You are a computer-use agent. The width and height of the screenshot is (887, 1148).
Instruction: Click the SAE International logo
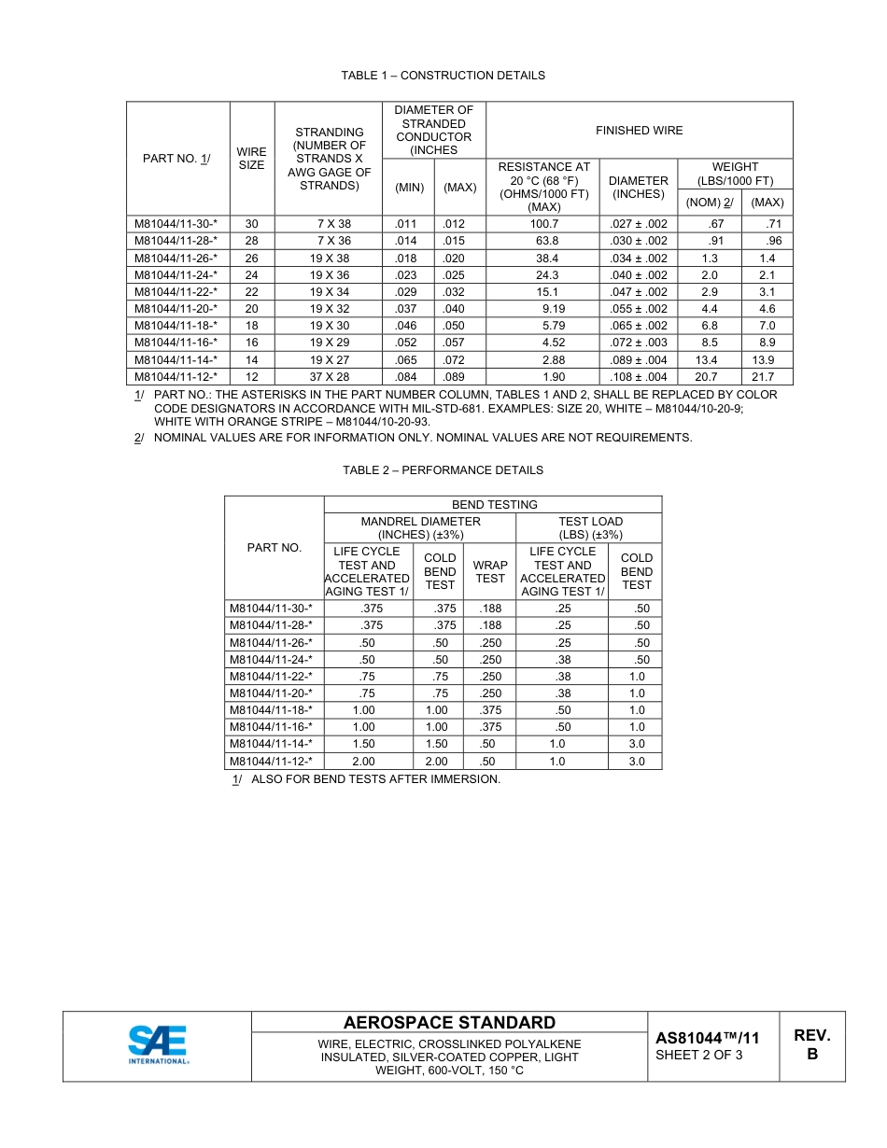[159, 1045]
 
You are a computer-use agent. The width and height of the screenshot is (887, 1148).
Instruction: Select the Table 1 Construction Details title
[443, 76]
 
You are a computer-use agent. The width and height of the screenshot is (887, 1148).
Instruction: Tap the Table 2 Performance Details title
[443, 470]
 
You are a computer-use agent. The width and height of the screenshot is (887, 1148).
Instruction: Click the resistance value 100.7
[543, 224]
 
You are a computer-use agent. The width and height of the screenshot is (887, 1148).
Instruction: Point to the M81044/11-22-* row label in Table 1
[176, 292]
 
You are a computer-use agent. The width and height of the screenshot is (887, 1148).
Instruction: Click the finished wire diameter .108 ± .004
[638, 377]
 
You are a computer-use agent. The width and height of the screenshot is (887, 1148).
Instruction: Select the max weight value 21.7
[767, 377]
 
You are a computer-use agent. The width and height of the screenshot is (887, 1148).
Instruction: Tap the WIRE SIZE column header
[251, 158]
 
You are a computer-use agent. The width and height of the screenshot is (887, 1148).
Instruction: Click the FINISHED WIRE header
[639, 131]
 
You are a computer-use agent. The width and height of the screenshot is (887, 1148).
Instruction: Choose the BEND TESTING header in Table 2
[494, 505]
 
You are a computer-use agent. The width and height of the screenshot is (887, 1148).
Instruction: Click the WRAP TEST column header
[490, 571]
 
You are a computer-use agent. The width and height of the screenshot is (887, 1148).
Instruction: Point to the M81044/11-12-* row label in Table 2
[272, 762]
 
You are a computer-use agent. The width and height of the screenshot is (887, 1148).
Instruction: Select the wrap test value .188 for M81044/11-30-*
[490, 609]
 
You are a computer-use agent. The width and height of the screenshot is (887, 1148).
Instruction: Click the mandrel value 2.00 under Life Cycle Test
[364, 762]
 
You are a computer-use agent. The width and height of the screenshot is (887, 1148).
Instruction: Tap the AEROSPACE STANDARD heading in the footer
[449, 1023]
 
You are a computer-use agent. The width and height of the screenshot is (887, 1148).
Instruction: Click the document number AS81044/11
[707, 1038]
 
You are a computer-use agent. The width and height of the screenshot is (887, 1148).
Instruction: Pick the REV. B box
[811, 1044]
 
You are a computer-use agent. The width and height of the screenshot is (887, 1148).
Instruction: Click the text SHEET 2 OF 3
[699, 1056]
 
